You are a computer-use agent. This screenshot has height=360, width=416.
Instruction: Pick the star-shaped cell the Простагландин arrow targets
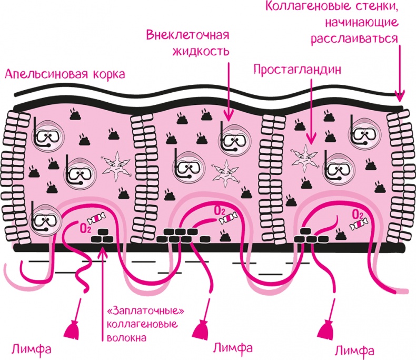(304, 154)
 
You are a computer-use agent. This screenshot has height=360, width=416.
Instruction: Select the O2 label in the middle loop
(219, 211)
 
